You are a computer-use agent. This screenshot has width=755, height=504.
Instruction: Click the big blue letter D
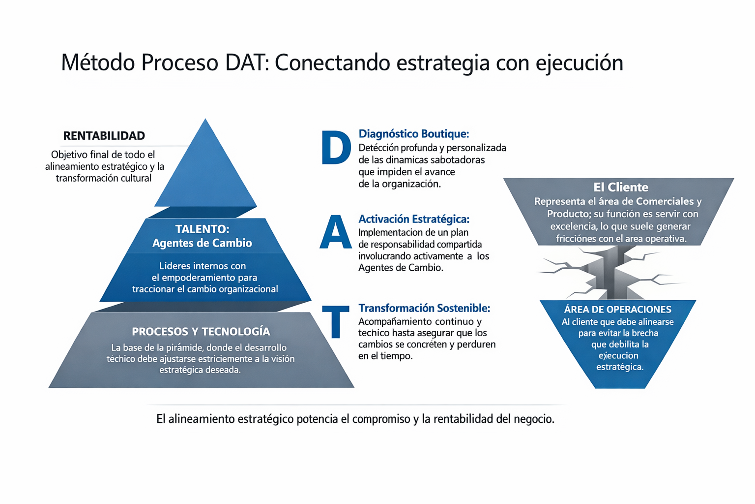336,148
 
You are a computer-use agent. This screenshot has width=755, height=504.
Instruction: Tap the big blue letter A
336,232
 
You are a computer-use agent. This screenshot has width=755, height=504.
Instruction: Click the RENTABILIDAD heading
104,136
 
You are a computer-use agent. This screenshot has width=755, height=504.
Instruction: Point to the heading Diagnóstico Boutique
414,134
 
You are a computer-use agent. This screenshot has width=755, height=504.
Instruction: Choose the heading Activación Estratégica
414,219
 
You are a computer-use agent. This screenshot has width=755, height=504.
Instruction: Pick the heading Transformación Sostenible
424,308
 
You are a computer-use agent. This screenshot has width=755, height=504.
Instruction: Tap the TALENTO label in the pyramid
202,229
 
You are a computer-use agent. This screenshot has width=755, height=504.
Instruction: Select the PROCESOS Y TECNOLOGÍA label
201,331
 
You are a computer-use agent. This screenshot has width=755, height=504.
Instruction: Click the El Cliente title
621,187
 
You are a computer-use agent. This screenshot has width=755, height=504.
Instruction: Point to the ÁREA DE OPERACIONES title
617,310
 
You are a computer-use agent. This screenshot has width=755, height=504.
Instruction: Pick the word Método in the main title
98,63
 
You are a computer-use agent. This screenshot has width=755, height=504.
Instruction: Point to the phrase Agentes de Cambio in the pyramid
202,243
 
